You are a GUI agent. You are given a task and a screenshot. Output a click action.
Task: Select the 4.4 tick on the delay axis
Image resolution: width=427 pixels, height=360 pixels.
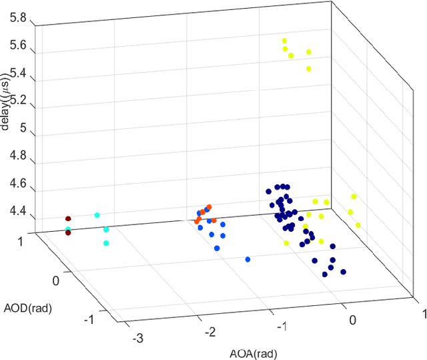18,212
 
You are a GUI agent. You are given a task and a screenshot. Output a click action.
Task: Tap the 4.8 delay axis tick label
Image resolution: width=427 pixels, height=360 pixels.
18,156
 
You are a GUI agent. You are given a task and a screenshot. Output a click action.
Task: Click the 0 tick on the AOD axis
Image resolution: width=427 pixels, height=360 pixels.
57,281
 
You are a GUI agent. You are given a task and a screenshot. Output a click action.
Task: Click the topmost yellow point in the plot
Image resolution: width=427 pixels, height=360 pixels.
284,41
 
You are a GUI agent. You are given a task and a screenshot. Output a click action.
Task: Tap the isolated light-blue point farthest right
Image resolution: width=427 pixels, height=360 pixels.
248,259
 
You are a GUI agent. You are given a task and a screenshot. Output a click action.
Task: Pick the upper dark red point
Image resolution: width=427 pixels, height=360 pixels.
68,219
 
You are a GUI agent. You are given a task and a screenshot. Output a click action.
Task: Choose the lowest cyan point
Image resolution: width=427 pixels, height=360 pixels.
106,243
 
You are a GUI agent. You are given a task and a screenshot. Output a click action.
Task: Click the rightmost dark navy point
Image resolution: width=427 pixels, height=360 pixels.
343,271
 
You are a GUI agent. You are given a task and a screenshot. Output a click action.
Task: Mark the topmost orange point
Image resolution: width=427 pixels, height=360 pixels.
209,207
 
